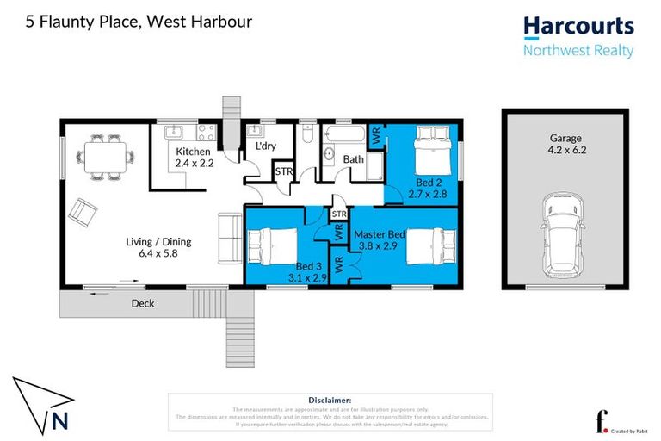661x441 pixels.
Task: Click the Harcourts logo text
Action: point(578,28)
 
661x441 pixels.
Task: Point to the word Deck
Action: point(143,303)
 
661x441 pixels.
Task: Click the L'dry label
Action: point(265,147)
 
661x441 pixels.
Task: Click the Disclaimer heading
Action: point(330,400)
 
